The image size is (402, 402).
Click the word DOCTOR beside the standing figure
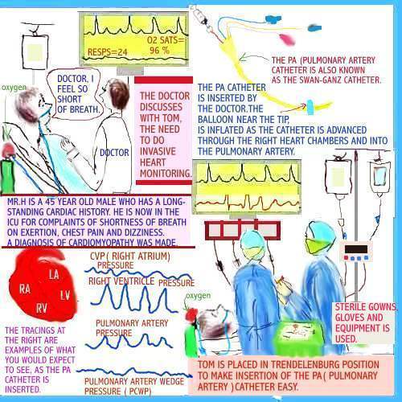pos(114,152)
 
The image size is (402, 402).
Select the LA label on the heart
pos(53,275)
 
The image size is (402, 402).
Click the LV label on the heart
pos(65,296)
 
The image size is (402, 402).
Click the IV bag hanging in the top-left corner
pos(33,53)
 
